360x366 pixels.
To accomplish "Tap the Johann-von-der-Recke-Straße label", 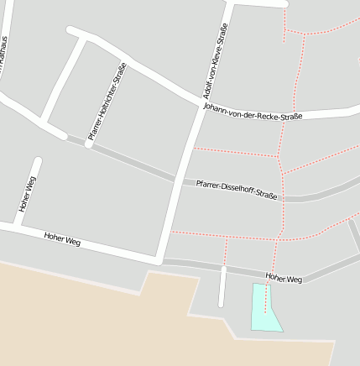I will point(253,111).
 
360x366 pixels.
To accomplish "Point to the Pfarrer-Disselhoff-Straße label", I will point(236,189).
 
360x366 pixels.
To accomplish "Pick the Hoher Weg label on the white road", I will point(61,239).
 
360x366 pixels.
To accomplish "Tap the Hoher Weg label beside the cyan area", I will point(283,278).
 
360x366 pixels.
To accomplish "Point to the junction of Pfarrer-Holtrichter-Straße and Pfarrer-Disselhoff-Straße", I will point(88,144).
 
